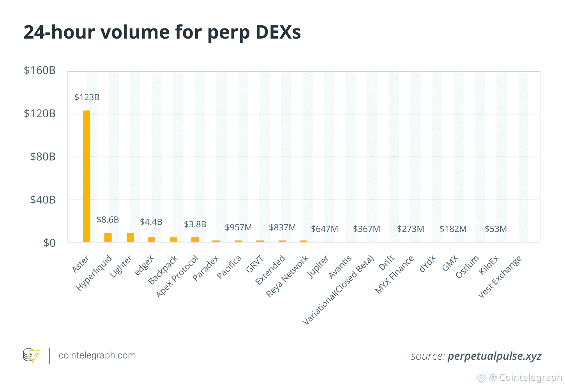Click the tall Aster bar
87,176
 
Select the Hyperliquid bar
108,237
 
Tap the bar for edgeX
151,240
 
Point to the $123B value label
87,97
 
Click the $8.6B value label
108,220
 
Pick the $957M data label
238,227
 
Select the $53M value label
496,229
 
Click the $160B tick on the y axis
40,71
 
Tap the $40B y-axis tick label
43,200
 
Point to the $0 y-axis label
49,243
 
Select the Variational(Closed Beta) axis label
338,290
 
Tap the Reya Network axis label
287,276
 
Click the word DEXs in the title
278,32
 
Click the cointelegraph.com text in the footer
97,355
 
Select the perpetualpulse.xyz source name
494,356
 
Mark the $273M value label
411,229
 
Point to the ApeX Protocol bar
195,240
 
